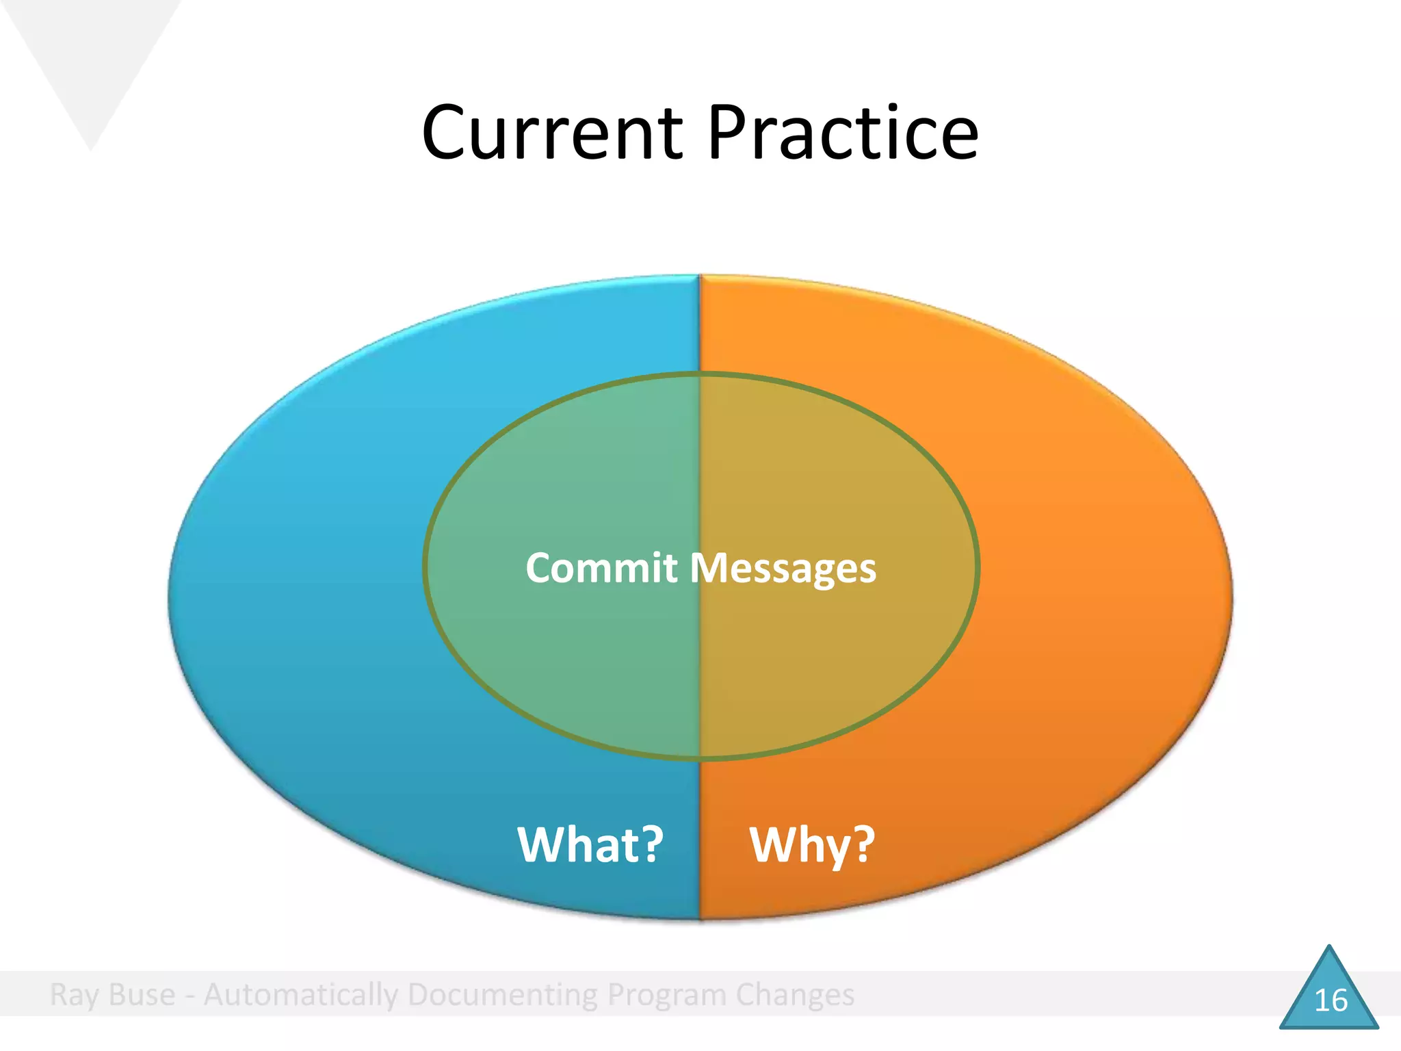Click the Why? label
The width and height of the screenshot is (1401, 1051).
click(811, 846)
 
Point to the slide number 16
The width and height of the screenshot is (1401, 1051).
click(1331, 1001)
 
